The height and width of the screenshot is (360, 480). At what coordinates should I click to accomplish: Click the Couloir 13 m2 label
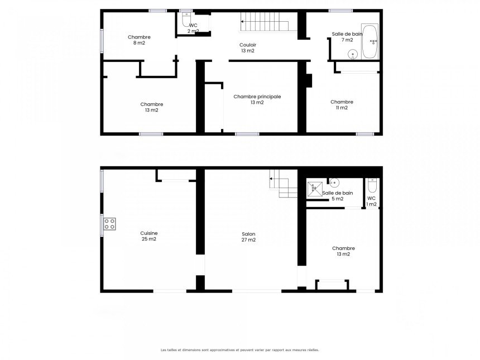click(x=248, y=48)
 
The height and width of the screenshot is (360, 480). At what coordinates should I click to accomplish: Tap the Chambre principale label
click(x=257, y=97)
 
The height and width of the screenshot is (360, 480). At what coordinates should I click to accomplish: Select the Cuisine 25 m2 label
click(x=149, y=236)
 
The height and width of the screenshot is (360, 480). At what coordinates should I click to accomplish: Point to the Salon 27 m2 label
click(x=248, y=237)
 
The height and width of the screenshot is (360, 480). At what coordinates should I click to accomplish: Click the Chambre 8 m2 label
click(x=139, y=40)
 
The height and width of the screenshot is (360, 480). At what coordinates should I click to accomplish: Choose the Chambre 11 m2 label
click(x=342, y=105)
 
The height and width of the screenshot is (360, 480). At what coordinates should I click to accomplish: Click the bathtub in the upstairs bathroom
click(x=369, y=42)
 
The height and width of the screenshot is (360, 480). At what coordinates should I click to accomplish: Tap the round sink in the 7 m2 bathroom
click(x=353, y=55)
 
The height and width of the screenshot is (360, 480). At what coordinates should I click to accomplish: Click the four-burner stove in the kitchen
click(x=109, y=224)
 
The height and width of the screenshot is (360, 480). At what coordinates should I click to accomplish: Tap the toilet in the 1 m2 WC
click(x=372, y=185)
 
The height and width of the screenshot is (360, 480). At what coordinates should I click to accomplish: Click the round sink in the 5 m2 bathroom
click(x=334, y=183)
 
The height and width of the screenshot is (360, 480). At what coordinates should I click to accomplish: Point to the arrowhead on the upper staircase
click(x=242, y=22)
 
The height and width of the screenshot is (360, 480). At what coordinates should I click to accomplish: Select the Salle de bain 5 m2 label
click(x=337, y=196)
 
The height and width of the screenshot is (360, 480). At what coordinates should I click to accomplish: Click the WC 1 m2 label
click(x=371, y=201)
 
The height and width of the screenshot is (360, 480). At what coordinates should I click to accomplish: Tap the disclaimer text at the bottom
click(x=239, y=349)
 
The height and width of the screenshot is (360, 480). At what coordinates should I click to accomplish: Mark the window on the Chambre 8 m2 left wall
click(x=102, y=41)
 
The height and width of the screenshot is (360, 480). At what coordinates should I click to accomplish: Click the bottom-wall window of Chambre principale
click(x=247, y=134)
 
